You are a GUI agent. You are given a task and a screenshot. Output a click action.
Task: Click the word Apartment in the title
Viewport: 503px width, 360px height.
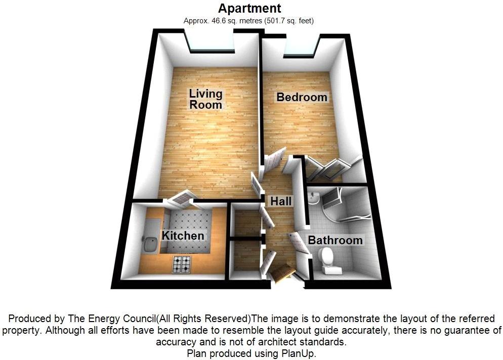click(x=249, y=9)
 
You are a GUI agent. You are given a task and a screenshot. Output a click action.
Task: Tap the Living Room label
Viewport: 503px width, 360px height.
click(x=206, y=99)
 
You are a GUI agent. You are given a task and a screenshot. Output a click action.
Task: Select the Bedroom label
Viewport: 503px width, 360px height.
click(x=302, y=97)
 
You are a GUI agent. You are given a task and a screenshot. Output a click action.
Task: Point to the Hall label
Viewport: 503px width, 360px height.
click(x=281, y=201)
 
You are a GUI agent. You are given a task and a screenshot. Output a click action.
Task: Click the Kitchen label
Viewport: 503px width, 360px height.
click(x=183, y=236)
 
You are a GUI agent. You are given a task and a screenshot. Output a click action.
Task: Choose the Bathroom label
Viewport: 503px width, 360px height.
click(x=335, y=240)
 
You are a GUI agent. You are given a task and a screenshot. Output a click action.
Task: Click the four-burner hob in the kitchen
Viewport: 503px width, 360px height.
click(x=182, y=264)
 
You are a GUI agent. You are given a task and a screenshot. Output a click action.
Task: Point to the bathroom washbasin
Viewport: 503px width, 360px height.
click(x=314, y=199)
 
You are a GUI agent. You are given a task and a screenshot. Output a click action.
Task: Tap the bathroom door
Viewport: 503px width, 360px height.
click(x=297, y=241)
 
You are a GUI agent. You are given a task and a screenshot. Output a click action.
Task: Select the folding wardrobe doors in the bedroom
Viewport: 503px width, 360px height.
click(x=331, y=167)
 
